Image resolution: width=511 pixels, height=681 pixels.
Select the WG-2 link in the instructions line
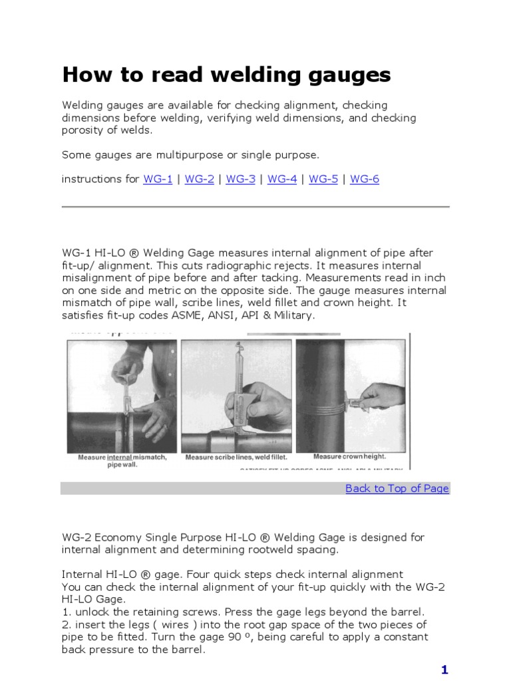point(199,180)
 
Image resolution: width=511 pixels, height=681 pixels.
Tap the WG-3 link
point(240,180)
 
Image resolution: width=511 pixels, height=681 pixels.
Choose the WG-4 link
point(282,180)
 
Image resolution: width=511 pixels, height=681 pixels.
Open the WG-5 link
point(323,180)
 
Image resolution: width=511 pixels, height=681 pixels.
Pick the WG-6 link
point(365,180)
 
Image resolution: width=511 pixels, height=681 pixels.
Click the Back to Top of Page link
point(397,489)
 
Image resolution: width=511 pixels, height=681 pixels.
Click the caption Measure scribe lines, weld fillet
point(236,458)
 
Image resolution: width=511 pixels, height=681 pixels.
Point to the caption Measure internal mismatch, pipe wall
point(122,460)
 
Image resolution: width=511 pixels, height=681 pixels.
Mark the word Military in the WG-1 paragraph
point(290,315)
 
